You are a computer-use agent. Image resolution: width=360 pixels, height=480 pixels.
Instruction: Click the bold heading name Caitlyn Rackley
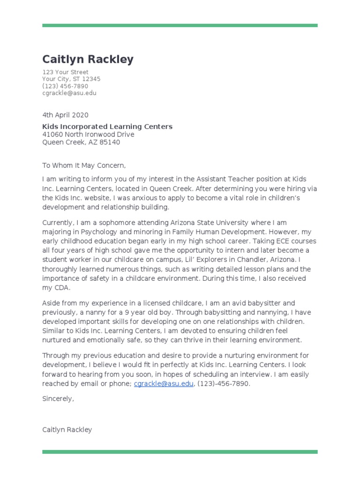click(x=88, y=60)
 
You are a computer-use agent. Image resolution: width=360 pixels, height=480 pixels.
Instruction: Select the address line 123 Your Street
click(x=65, y=72)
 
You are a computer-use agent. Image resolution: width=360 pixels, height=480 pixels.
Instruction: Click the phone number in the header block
click(x=65, y=86)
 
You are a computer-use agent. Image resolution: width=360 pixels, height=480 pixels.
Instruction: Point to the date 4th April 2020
click(x=65, y=115)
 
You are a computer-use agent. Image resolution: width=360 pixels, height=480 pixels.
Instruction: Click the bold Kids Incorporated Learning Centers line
click(x=107, y=127)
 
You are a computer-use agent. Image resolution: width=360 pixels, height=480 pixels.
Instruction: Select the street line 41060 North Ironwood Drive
click(x=88, y=135)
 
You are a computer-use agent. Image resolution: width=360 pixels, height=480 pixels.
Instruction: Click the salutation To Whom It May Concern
click(x=84, y=165)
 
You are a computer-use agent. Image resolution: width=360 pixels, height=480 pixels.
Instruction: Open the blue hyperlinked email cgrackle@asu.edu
click(x=164, y=383)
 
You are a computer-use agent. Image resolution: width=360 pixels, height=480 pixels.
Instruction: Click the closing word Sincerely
click(x=58, y=398)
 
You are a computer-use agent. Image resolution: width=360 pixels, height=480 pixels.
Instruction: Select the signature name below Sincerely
click(x=67, y=430)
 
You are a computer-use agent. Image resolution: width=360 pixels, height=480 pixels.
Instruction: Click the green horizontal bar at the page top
click(x=180, y=25)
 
